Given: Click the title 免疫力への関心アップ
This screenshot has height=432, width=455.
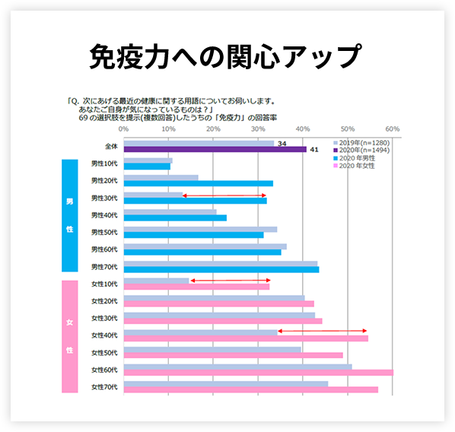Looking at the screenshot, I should (x=226, y=57).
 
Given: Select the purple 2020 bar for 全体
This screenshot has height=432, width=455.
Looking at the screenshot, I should (x=215, y=149).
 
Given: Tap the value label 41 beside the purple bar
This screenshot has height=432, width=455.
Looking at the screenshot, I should (x=313, y=150).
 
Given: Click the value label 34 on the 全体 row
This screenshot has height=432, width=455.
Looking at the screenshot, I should (x=282, y=142).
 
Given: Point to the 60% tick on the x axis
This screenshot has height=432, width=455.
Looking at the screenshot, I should (x=393, y=129).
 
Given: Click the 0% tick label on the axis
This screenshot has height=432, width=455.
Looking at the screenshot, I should (x=124, y=129).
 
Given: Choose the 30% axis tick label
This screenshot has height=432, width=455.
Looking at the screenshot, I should (x=258, y=129).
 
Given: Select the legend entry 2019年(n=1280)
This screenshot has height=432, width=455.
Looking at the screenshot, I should (x=363, y=142).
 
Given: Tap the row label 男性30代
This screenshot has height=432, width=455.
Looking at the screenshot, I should (x=103, y=197).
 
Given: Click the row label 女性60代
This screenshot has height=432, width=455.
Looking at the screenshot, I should (x=103, y=370).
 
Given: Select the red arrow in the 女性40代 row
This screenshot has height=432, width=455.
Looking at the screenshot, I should (x=323, y=331).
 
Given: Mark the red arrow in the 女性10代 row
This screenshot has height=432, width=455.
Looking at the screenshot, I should (x=230, y=281).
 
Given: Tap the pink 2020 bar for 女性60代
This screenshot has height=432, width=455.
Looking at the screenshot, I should (x=258, y=373).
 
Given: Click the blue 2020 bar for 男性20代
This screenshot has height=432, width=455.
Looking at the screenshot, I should (x=198, y=183).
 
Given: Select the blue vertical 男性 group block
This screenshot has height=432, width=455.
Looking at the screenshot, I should (x=69, y=214).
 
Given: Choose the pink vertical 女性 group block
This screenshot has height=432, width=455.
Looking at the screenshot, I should (x=69, y=335).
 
